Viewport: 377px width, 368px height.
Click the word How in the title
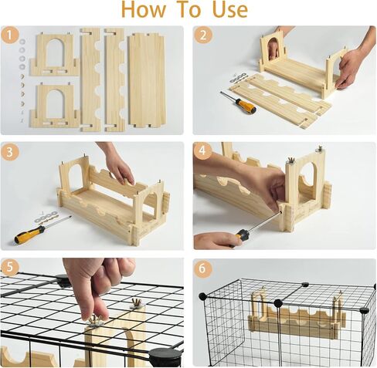148,10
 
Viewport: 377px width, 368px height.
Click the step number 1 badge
10,35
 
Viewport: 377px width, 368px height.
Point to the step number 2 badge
203,35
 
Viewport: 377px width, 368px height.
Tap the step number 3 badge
10,151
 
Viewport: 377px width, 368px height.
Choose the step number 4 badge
203,151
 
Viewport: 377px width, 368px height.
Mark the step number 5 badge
10,268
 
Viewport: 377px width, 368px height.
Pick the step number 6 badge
203,268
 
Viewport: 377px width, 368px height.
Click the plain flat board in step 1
147,79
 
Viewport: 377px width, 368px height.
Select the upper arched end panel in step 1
54,54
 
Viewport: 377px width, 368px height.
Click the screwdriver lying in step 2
238,103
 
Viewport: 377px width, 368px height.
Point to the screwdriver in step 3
39,231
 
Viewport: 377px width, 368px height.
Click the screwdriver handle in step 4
243,235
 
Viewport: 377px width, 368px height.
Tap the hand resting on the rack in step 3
117,164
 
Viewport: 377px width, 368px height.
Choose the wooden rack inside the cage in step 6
297,316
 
